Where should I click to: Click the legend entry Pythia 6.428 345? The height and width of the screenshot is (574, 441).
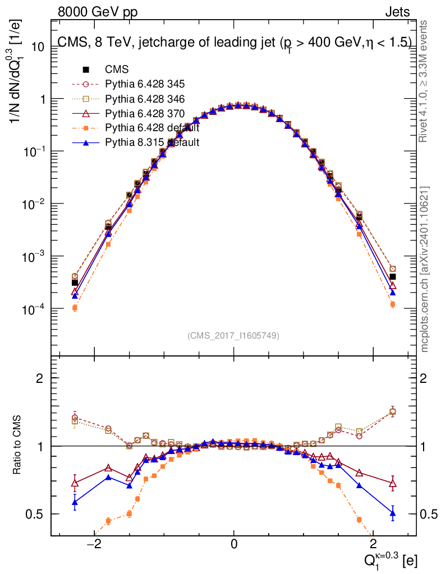pos(145,85)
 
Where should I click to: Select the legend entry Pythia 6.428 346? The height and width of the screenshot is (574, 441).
pos(145,99)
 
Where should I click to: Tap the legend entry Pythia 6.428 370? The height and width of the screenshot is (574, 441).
pos(145,114)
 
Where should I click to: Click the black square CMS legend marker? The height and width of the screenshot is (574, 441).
pos(86,70)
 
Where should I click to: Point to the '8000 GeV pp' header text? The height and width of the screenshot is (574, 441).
pos(98,12)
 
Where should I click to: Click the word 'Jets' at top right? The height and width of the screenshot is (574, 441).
pos(397,12)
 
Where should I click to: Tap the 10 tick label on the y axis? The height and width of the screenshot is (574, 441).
pos(38,47)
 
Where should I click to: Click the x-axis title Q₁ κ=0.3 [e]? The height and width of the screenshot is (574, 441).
pos(388,558)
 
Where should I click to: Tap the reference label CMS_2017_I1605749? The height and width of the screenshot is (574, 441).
pos(233,336)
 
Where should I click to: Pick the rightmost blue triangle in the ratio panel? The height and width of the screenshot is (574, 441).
pos(393,513)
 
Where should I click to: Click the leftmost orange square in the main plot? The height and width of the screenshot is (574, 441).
pos(75,308)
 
